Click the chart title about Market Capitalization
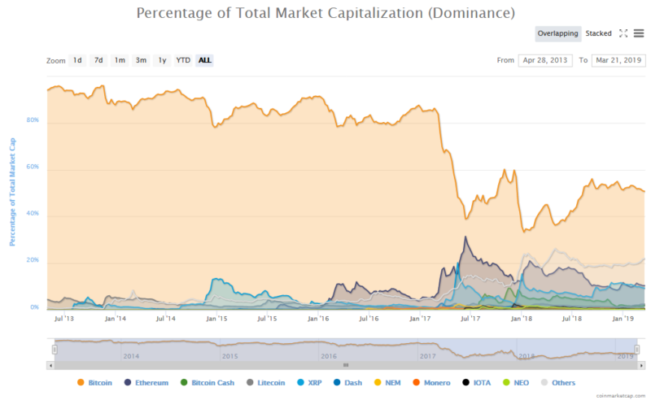[325, 13]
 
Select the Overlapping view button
[557, 33]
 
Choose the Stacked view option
[598, 33]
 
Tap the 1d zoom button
[77, 60]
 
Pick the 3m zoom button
[141, 60]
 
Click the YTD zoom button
[183, 60]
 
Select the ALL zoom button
[205, 60]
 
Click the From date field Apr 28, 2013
[544, 60]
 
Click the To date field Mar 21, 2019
[618, 60]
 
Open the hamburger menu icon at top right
[639, 33]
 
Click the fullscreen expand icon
[623, 33]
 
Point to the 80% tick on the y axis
[33, 120]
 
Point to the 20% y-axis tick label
[33, 261]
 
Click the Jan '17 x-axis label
[420, 319]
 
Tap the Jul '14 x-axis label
[165, 319]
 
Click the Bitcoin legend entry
[97, 382]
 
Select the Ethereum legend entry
[146, 382]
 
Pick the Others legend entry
[557, 382]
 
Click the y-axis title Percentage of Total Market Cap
[12, 191]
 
